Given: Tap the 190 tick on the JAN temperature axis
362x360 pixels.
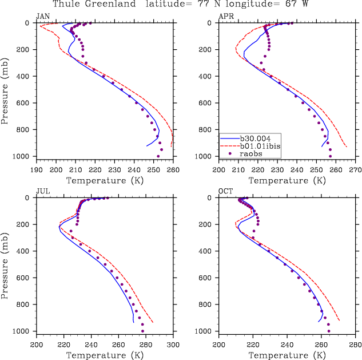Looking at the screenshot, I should pos(36,170).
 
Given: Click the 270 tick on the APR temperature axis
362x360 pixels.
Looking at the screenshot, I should pos(355,170).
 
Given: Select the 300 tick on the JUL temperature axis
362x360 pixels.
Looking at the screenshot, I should pos(173,345).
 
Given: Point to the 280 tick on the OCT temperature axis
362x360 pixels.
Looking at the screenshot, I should pos(355,345).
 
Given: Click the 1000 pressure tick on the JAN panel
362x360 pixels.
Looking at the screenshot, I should pos(25,156).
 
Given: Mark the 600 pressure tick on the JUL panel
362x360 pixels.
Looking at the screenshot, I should pos(27,278).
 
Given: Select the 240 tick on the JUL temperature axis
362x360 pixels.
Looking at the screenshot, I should pos(91,345).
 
